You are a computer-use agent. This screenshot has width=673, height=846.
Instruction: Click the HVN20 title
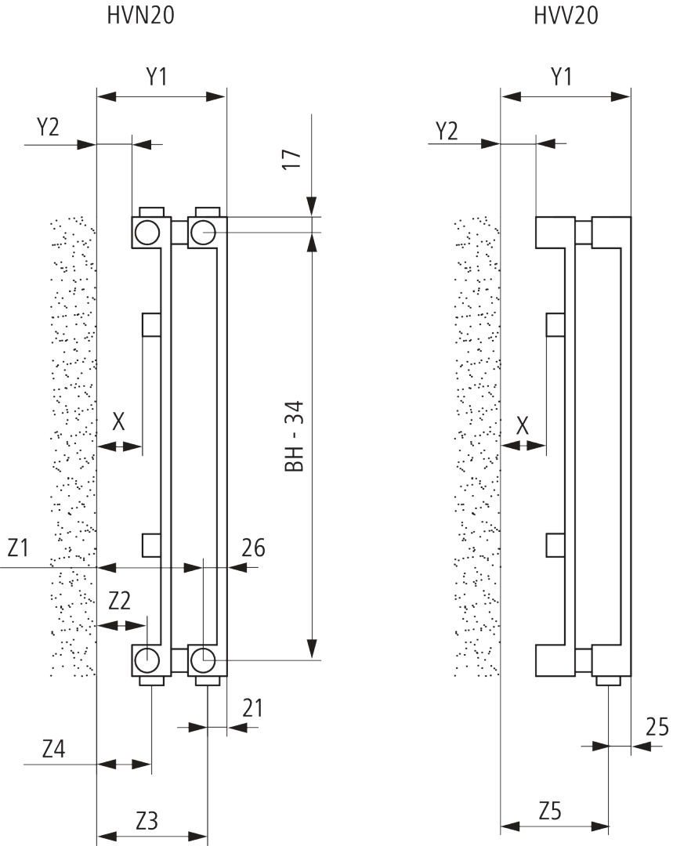click(x=140, y=15)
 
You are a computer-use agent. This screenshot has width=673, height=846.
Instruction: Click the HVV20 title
click(x=566, y=15)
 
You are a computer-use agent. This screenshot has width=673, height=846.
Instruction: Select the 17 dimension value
click(x=291, y=159)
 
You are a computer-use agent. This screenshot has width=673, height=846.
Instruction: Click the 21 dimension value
click(x=251, y=709)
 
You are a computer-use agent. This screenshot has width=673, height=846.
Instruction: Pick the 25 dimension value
click(x=657, y=728)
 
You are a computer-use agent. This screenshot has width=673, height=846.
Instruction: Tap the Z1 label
click(x=19, y=548)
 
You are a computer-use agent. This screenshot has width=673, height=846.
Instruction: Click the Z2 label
click(x=119, y=602)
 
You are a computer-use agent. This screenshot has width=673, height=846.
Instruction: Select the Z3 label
click(x=147, y=822)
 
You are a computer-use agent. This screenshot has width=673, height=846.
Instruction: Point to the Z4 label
click(x=53, y=749)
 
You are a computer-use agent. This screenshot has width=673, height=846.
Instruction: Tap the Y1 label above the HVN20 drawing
click(x=157, y=77)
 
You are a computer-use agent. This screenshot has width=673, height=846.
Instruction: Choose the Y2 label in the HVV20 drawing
click(x=447, y=130)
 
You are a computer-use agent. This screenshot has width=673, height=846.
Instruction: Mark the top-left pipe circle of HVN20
click(x=147, y=232)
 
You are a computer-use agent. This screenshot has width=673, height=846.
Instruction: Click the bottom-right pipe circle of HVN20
click(x=203, y=660)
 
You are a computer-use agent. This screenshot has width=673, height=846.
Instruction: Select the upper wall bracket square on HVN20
click(x=151, y=324)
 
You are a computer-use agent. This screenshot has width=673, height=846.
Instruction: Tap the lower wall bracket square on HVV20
click(x=555, y=544)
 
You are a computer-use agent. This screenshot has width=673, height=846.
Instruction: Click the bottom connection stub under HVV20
click(x=610, y=681)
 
